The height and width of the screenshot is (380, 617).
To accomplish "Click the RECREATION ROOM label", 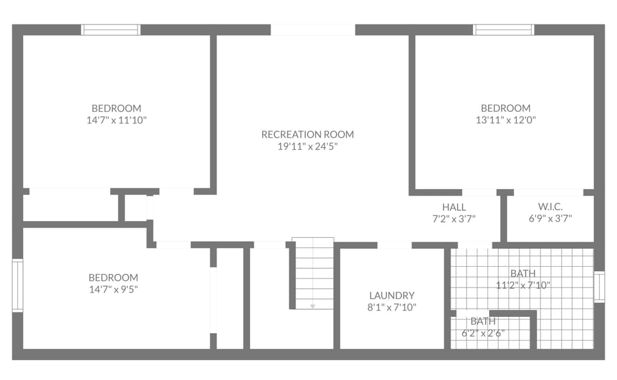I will [307, 134].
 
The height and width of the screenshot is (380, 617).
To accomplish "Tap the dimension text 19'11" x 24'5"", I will [307, 147].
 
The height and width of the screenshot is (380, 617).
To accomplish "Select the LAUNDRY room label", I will [391, 295].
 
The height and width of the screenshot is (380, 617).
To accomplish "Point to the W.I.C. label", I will [550, 206].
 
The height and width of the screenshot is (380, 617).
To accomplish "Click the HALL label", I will [454, 207].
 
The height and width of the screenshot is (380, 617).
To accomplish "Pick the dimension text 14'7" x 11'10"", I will [116, 120].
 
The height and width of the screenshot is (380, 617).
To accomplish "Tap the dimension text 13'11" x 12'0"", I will [506, 120].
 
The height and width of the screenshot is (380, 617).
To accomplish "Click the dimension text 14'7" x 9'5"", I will [113, 289].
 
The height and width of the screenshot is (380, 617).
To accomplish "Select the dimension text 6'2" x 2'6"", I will [483, 333].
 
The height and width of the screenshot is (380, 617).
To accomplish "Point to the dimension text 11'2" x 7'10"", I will [523, 285].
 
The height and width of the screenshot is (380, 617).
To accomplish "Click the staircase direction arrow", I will [313, 306].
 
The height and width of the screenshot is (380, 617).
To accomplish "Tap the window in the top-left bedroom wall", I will [111, 30].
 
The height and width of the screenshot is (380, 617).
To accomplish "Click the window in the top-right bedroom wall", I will [503, 30].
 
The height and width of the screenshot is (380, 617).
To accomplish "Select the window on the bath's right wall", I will [599, 287].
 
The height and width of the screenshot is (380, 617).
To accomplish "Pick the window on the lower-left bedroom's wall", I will [17, 285].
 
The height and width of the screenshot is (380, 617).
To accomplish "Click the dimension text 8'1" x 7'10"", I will [391, 307].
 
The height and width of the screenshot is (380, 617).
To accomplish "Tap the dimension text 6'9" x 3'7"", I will [550, 219].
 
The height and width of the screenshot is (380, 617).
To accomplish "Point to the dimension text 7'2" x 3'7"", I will [454, 219].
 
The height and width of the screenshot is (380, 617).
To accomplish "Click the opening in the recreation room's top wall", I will [312, 30].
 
